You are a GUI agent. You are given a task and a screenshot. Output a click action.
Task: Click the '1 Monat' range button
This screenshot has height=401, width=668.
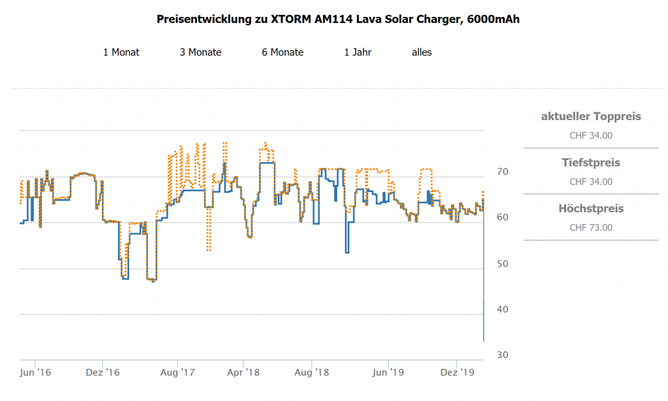[121, 52]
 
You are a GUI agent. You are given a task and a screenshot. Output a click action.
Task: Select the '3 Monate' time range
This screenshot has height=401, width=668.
[200, 52]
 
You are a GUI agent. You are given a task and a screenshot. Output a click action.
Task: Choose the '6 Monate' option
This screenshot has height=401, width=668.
[282, 52]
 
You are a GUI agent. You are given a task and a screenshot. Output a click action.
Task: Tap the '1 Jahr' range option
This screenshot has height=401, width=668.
[357, 52]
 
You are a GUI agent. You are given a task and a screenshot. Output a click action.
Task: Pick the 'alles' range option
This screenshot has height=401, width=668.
[421, 52]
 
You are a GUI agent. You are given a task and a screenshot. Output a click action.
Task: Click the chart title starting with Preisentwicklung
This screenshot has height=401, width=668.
[338, 19]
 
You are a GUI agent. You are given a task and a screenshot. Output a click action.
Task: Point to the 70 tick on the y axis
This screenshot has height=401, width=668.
[502, 172]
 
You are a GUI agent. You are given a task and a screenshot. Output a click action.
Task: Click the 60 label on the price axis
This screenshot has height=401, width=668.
[502, 217]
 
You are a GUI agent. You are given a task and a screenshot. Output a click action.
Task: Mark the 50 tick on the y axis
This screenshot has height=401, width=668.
[502, 263]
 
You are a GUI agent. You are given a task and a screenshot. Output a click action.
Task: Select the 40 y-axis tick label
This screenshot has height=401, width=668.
[502, 309]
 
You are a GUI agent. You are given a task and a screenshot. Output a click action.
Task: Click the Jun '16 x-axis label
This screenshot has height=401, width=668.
[35, 373]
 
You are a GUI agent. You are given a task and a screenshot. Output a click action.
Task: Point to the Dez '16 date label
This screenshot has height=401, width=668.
[103, 373]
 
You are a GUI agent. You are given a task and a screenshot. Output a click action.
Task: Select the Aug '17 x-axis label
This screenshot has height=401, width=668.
[178, 373]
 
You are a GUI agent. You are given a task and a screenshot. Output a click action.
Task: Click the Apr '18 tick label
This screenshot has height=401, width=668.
[243, 373]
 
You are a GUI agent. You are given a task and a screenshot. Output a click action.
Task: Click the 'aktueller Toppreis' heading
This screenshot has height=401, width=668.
[591, 117]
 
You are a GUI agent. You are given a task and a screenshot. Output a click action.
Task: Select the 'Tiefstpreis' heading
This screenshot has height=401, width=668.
[591, 163]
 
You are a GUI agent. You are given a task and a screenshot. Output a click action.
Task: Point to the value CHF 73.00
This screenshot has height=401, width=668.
[591, 228]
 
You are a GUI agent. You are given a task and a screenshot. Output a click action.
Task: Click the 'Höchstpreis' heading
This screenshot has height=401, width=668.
[591, 209]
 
